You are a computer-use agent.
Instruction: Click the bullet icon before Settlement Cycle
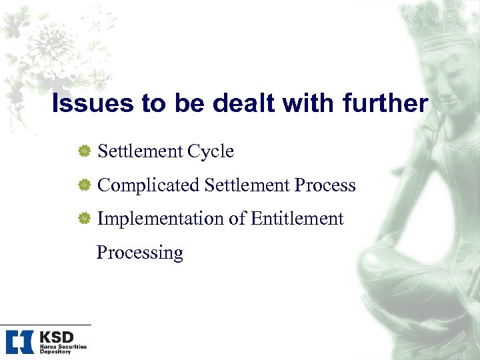point(84,152)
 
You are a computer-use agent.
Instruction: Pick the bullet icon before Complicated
point(84,186)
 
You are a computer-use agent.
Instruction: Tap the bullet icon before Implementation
point(84,219)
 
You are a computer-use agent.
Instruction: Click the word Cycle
point(210,152)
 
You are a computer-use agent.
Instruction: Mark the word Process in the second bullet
point(326,185)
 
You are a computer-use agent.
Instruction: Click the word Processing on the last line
point(140,253)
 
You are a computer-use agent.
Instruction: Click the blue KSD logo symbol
point(19,341)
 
